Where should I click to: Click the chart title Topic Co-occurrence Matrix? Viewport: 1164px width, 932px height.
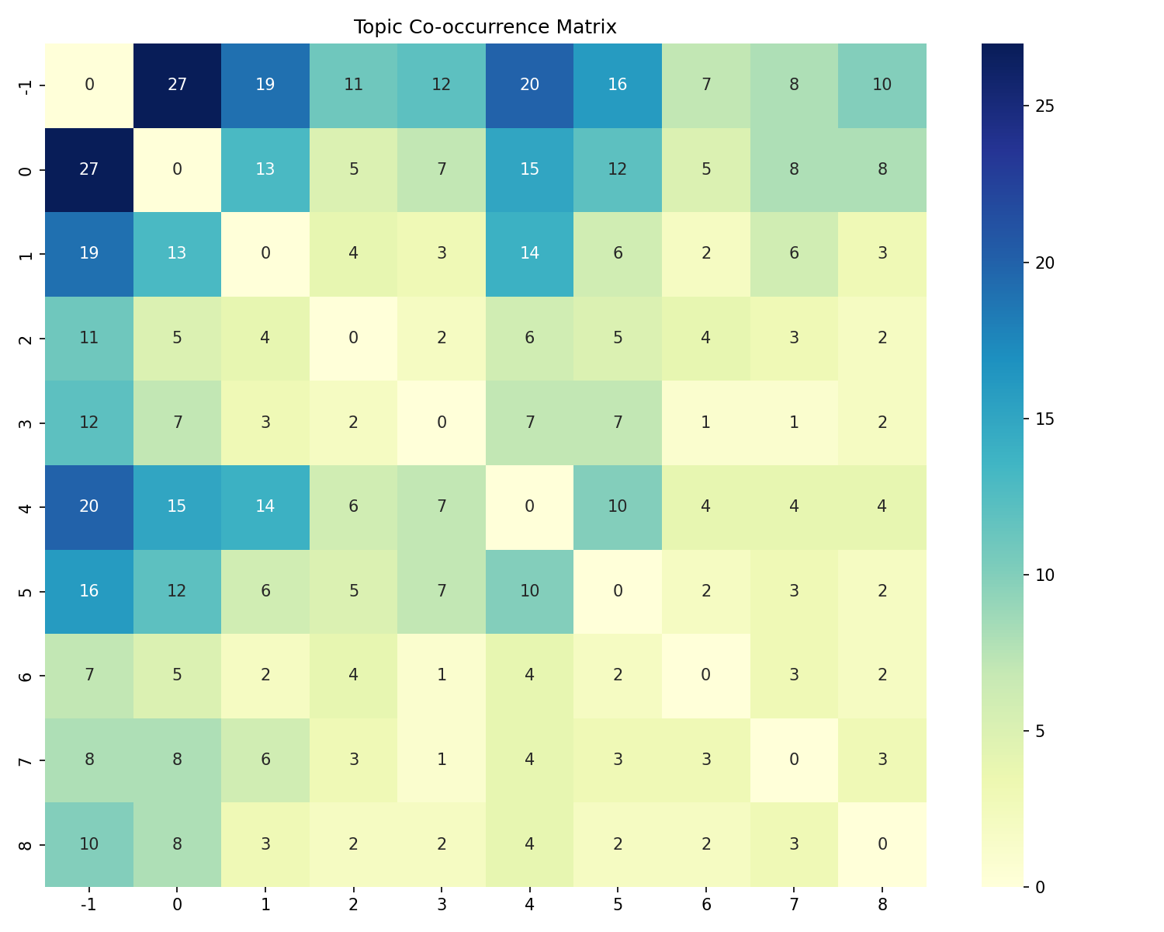pyautogui.click(x=485, y=27)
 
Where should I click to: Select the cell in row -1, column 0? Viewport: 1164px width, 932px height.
pyautogui.click(x=177, y=85)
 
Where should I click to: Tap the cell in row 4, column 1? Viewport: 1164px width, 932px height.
pyautogui.click(x=265, y=506)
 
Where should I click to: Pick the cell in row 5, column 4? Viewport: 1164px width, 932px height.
pyautogui.click(x=529, y=591)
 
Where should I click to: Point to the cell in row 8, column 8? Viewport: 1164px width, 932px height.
pyautogui.click(x=882, y=844)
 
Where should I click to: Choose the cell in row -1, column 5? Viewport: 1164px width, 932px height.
pyautogui.click(x=618, y=85)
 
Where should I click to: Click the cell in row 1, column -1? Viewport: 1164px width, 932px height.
pyautogui.click(x=89, y=254)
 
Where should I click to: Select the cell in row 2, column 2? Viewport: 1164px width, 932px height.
pyautogui.click(x=353, y=339)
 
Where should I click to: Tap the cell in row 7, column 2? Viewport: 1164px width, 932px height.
pyautogui.click(x=353, y=760)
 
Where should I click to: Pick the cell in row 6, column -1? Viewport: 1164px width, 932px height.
pyautogui.click(x=89, y=676)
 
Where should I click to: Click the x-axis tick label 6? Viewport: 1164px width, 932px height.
pyautogui.click(x=705, y=904)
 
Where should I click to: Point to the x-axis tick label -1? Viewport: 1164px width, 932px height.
pyautogui.click(x=89, y=904)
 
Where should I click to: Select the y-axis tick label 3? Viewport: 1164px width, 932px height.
pyautogui.click(x=25, y=423)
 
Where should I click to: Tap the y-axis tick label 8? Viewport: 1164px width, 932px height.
pyautogui.click(x=25, y=844)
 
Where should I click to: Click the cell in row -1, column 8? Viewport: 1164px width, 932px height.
pyautogui.click(x=882, y=85)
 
